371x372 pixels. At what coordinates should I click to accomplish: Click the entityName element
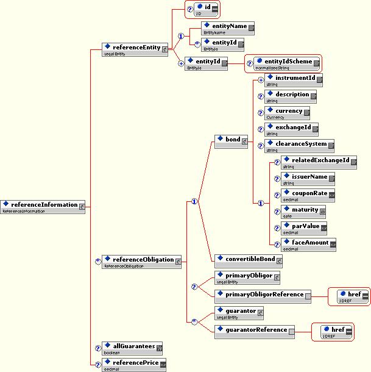pos(228,29)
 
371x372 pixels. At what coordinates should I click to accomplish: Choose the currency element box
pos(288,112)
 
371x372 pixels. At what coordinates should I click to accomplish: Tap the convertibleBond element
pos(249,260)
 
